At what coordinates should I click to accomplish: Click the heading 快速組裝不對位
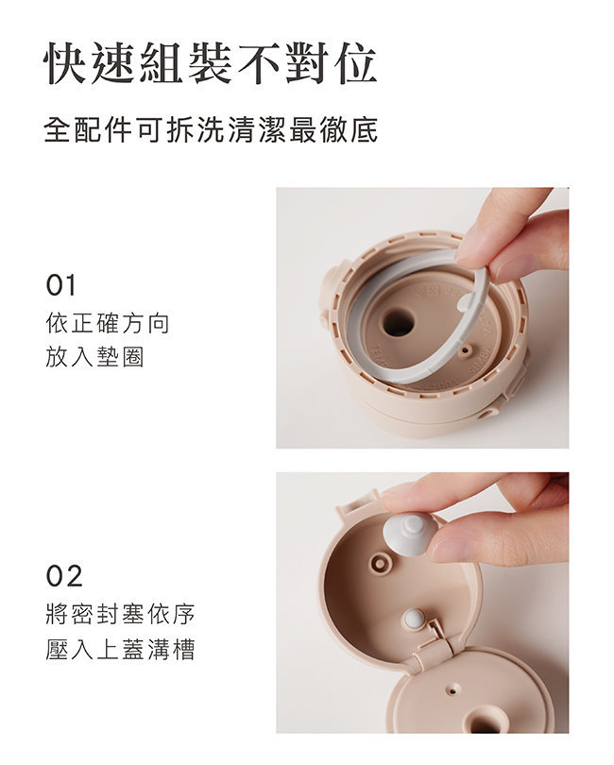click(211, 64)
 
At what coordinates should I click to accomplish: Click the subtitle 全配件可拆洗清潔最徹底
click(211, 129)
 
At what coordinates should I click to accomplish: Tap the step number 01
click(61, 285)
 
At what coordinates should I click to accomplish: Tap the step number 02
click(64, 576)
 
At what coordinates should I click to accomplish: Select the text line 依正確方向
click(108, 323)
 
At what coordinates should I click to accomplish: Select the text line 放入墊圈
click(94, 357)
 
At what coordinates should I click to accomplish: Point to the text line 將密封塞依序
click(120, 614)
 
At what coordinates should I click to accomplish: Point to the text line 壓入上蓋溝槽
click(120, 650)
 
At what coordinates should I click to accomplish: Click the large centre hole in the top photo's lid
click(398, 322)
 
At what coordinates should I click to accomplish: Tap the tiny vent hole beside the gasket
click(466, 348)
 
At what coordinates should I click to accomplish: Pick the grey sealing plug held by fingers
click(410, 535)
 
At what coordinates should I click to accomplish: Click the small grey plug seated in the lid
click(415, 619)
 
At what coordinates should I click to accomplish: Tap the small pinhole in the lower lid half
click(453, 688)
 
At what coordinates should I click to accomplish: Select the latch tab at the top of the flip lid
click(356, 503)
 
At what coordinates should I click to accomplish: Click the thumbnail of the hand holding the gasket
click(422, 318)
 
